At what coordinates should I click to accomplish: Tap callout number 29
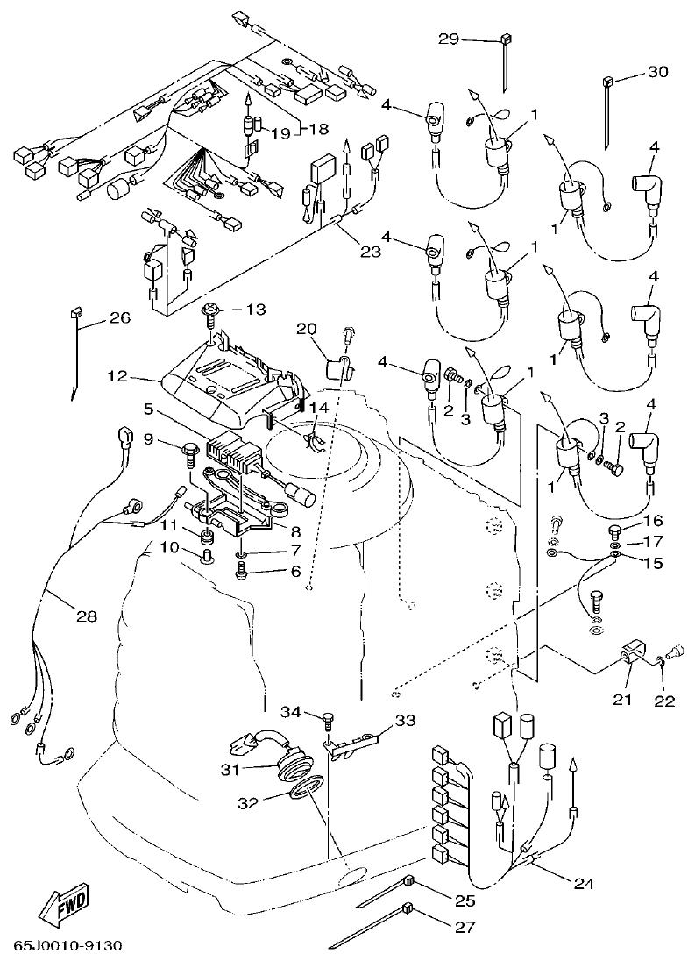tap(449, 39)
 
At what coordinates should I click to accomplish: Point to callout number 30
tap(657, 73)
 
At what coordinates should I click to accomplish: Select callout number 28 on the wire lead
tap(85, 616)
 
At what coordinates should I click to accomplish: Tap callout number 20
tap(306, 328)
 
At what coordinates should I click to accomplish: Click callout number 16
tap(654, 520)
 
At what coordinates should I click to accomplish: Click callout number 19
tap(280, 133)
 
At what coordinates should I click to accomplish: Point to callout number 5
tap(149, 409)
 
